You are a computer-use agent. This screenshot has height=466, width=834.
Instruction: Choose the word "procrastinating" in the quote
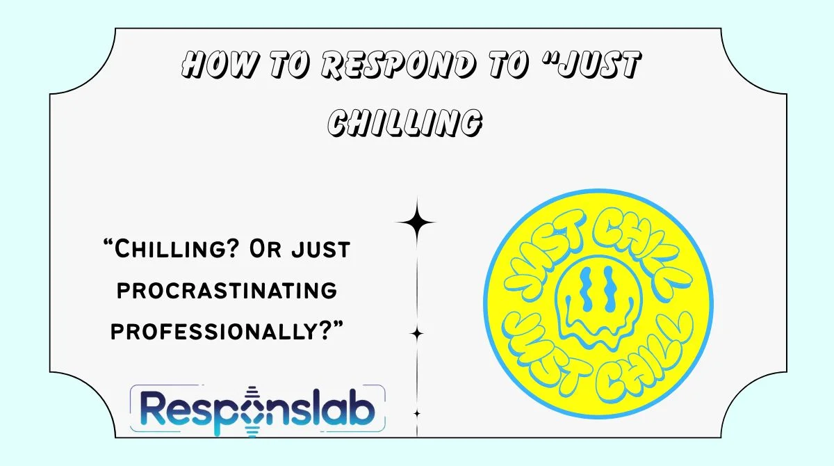[227, 290]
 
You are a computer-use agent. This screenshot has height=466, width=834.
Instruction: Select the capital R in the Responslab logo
[147, 409]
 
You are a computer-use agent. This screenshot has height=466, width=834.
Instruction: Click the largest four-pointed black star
[416, 223]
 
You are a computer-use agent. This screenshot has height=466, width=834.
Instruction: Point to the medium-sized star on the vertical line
[417, 334]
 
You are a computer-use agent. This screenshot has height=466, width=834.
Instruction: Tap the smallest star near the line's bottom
[417, 414]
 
